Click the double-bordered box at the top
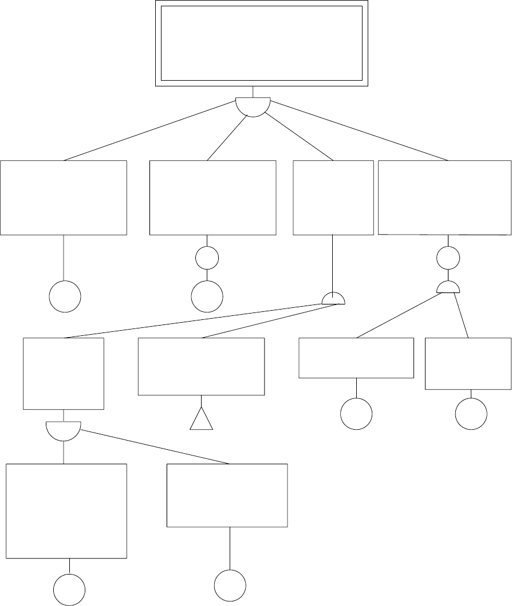261,43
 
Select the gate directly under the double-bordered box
253,106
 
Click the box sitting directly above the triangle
201,366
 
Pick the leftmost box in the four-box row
63,197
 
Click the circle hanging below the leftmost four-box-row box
65,296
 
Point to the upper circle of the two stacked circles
207,258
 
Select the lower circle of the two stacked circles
207,296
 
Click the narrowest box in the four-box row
333,197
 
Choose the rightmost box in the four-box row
444,197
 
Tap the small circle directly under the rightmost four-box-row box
448,258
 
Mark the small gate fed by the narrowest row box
333,299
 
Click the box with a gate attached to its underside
63,373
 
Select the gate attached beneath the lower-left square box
63,430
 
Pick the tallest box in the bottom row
66,510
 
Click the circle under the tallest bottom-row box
69,589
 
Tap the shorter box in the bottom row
227,495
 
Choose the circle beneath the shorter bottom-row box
230,585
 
